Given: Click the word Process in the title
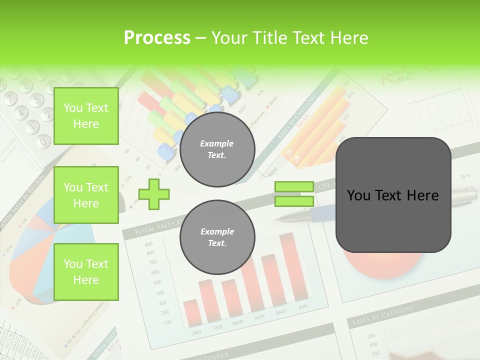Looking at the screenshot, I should pos(157,38).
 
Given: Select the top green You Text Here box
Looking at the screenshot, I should pos(86,116).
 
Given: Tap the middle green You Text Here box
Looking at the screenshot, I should pos(86,195).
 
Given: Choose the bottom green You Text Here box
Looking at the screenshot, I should pos(86,271).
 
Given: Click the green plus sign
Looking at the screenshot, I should pos(154,194).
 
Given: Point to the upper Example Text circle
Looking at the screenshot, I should pos(217,149).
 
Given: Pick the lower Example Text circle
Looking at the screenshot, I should pos(217,237).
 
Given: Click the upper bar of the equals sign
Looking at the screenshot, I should pos(294,187).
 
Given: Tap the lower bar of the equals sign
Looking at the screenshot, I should pos(294,201).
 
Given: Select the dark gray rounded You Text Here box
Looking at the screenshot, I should pos(393,195).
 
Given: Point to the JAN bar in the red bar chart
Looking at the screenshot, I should pos(190,312).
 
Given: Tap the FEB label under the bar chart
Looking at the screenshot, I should pos(217,327).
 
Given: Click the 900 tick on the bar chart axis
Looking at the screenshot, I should pos(148,244).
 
